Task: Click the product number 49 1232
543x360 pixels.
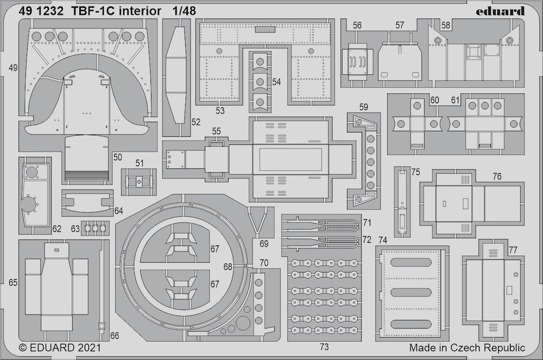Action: [39, 11]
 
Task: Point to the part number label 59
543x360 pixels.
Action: [364, 107]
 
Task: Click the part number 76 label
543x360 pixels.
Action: [497, 176]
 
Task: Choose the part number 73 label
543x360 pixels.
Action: [323, 346]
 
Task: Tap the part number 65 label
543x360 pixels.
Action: [14, 282]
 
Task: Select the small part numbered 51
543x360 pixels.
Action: [139, 181]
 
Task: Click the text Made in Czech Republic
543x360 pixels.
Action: [467, 348]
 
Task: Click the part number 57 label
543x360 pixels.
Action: [400, 26]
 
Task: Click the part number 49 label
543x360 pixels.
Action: [14, 68]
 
